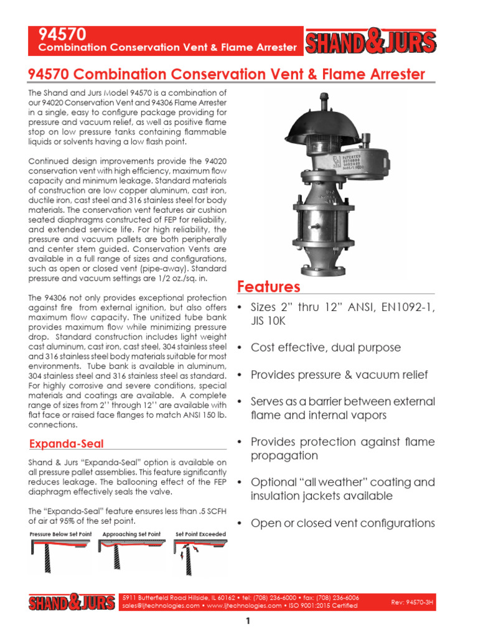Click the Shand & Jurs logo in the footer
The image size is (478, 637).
[72, 602]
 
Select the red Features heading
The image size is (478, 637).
[269, 287]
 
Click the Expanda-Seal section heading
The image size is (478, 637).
[67, 444]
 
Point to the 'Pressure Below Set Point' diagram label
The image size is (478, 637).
[61, 534]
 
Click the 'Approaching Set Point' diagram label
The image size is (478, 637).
[131, 534]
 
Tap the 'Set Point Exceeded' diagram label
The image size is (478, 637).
[200, 534]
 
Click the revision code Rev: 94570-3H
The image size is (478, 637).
[411, 602]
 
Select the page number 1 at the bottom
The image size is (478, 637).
[247, 621]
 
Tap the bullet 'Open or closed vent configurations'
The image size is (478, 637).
[343, 523]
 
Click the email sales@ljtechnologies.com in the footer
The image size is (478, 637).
[161, 605]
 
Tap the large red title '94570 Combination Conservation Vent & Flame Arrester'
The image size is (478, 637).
[227, 75]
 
